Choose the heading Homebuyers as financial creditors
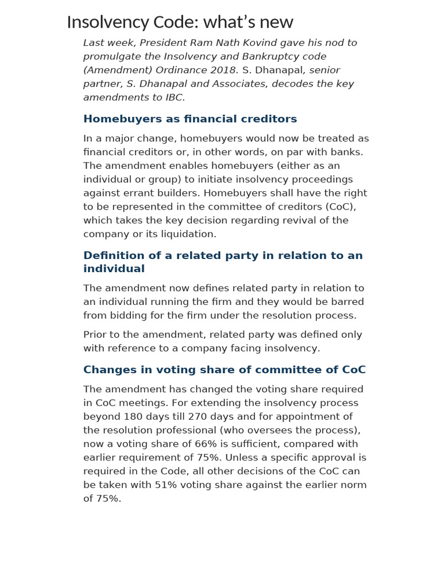coord(190,119)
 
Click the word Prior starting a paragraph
coord(96,335)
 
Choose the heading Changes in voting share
coord(224,370)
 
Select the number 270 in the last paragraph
coord(196,417)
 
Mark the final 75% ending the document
coord(109,499)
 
